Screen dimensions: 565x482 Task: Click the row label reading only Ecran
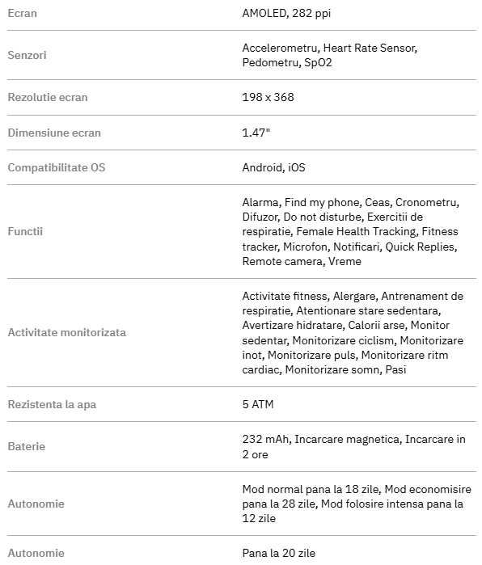[22, 13]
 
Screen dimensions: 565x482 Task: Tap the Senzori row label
[26, 56]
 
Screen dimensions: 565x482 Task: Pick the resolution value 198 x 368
[268, 97]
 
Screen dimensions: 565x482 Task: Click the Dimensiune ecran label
[54, 133]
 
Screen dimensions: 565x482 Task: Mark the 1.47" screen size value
[256, 133]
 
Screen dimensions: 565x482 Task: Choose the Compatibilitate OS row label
[57, 167]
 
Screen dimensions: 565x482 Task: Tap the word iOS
[297, 167]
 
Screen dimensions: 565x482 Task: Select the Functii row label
[25, 231]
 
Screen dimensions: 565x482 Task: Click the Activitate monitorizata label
[66, 332]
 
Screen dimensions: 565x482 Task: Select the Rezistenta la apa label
[57, 404]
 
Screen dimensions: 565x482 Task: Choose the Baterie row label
[26, 446]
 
